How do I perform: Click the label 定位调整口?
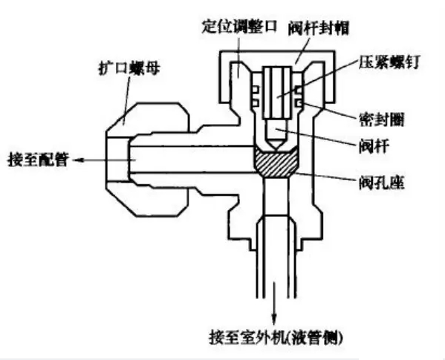(x=239, y=27)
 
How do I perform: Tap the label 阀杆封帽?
(x=319, y=28)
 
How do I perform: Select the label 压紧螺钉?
(x=389, y=62)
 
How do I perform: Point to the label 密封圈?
(x=381, y=120)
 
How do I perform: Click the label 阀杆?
(x=374, y=146)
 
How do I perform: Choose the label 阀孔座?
(x=381, y=183)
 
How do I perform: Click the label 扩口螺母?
(x=129, y=68)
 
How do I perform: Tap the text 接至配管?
(x=38, y=160)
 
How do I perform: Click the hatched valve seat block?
(x=276, y=162)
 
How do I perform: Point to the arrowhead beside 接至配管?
(x=78, y=160)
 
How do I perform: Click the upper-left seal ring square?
(x=256, y=90)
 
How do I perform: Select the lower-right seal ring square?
(x=298, y=103)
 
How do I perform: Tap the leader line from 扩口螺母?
(x=126, y=101)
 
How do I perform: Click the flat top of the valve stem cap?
(x=278, y=51)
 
